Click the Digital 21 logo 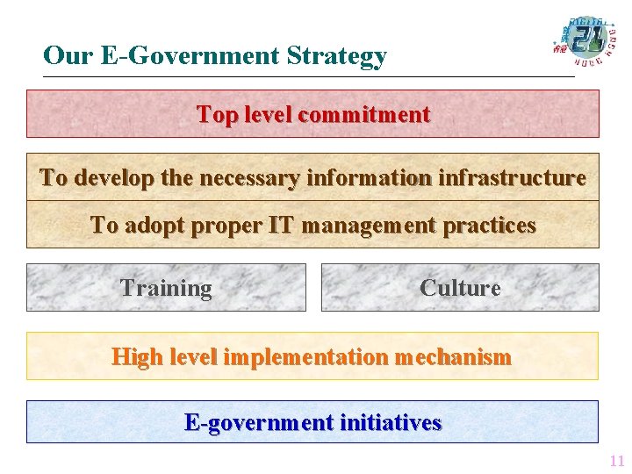pos(583,40)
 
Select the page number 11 pos(616,461)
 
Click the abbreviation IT pos(281,226)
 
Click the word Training pos(166,288)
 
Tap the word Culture pos(460,288)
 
